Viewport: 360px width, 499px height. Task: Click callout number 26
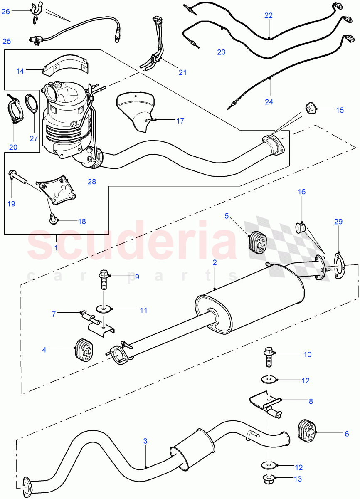(x=5, y=11)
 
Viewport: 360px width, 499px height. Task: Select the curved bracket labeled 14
(x=67, y=67)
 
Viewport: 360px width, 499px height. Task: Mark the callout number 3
(x=145, y=441)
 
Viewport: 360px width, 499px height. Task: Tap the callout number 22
(x=269, y=15)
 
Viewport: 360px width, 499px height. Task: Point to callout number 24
(x=269, y=101)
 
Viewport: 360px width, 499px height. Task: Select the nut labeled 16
(x=301, y=228)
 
